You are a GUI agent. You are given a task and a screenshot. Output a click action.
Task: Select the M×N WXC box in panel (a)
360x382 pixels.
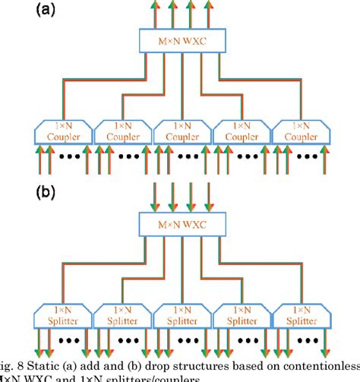click(x=180, y=39)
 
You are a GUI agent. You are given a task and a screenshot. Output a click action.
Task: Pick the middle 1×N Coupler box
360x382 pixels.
click(x=181, y=132)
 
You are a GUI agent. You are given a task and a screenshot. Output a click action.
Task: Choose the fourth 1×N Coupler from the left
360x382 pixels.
click(x=240, y=132)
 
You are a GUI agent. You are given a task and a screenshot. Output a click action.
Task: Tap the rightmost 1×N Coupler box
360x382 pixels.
click(x=298, y=132)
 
